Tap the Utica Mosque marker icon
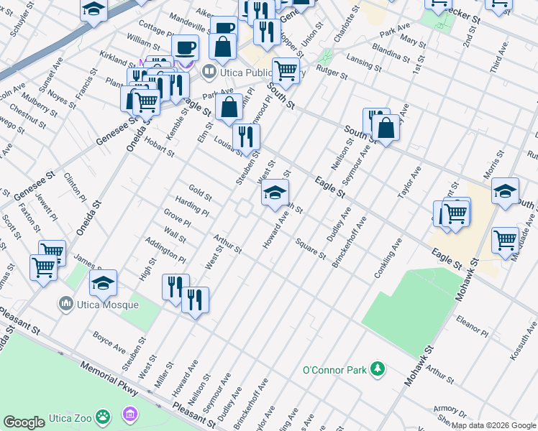[66, 304]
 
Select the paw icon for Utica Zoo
[105, 415]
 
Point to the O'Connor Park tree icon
[376, 369]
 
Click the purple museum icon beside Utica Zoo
[129, 414]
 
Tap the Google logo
[24, 422]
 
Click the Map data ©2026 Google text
[493, 425]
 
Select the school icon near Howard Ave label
[274, 193]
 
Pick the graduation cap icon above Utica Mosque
[103, 282]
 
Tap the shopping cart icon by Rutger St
[286, 70]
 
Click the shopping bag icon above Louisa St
[229, 108]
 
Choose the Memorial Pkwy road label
[108, 376]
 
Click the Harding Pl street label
[192, 208]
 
